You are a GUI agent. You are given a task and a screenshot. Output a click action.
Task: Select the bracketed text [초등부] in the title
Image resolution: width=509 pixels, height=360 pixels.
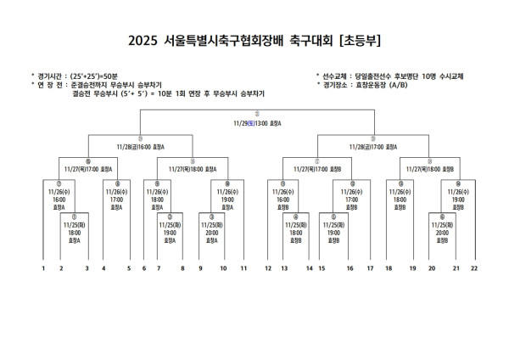(361, 40)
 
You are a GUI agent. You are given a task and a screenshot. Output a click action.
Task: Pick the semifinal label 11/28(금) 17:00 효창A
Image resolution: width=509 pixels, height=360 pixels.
(372, 146)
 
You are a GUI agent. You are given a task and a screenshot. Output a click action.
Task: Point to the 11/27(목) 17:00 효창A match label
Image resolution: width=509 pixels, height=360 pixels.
(88, 169)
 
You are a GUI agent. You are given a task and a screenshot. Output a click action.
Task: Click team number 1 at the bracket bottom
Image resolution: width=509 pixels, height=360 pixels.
(42, 268)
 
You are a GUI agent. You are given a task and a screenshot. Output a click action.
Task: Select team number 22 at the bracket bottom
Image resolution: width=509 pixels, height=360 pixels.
(474, 268)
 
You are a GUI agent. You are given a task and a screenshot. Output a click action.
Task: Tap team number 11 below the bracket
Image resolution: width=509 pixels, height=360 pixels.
(243, 268)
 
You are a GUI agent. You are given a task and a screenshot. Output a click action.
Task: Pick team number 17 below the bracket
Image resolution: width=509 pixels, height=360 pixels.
(370, 268)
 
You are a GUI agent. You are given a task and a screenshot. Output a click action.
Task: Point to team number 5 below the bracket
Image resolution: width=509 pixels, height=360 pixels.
(129, 268)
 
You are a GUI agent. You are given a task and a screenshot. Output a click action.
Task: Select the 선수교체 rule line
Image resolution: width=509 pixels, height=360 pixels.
(394, 76)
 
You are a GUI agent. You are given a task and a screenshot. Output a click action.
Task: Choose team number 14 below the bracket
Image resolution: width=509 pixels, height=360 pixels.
(309, 268)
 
